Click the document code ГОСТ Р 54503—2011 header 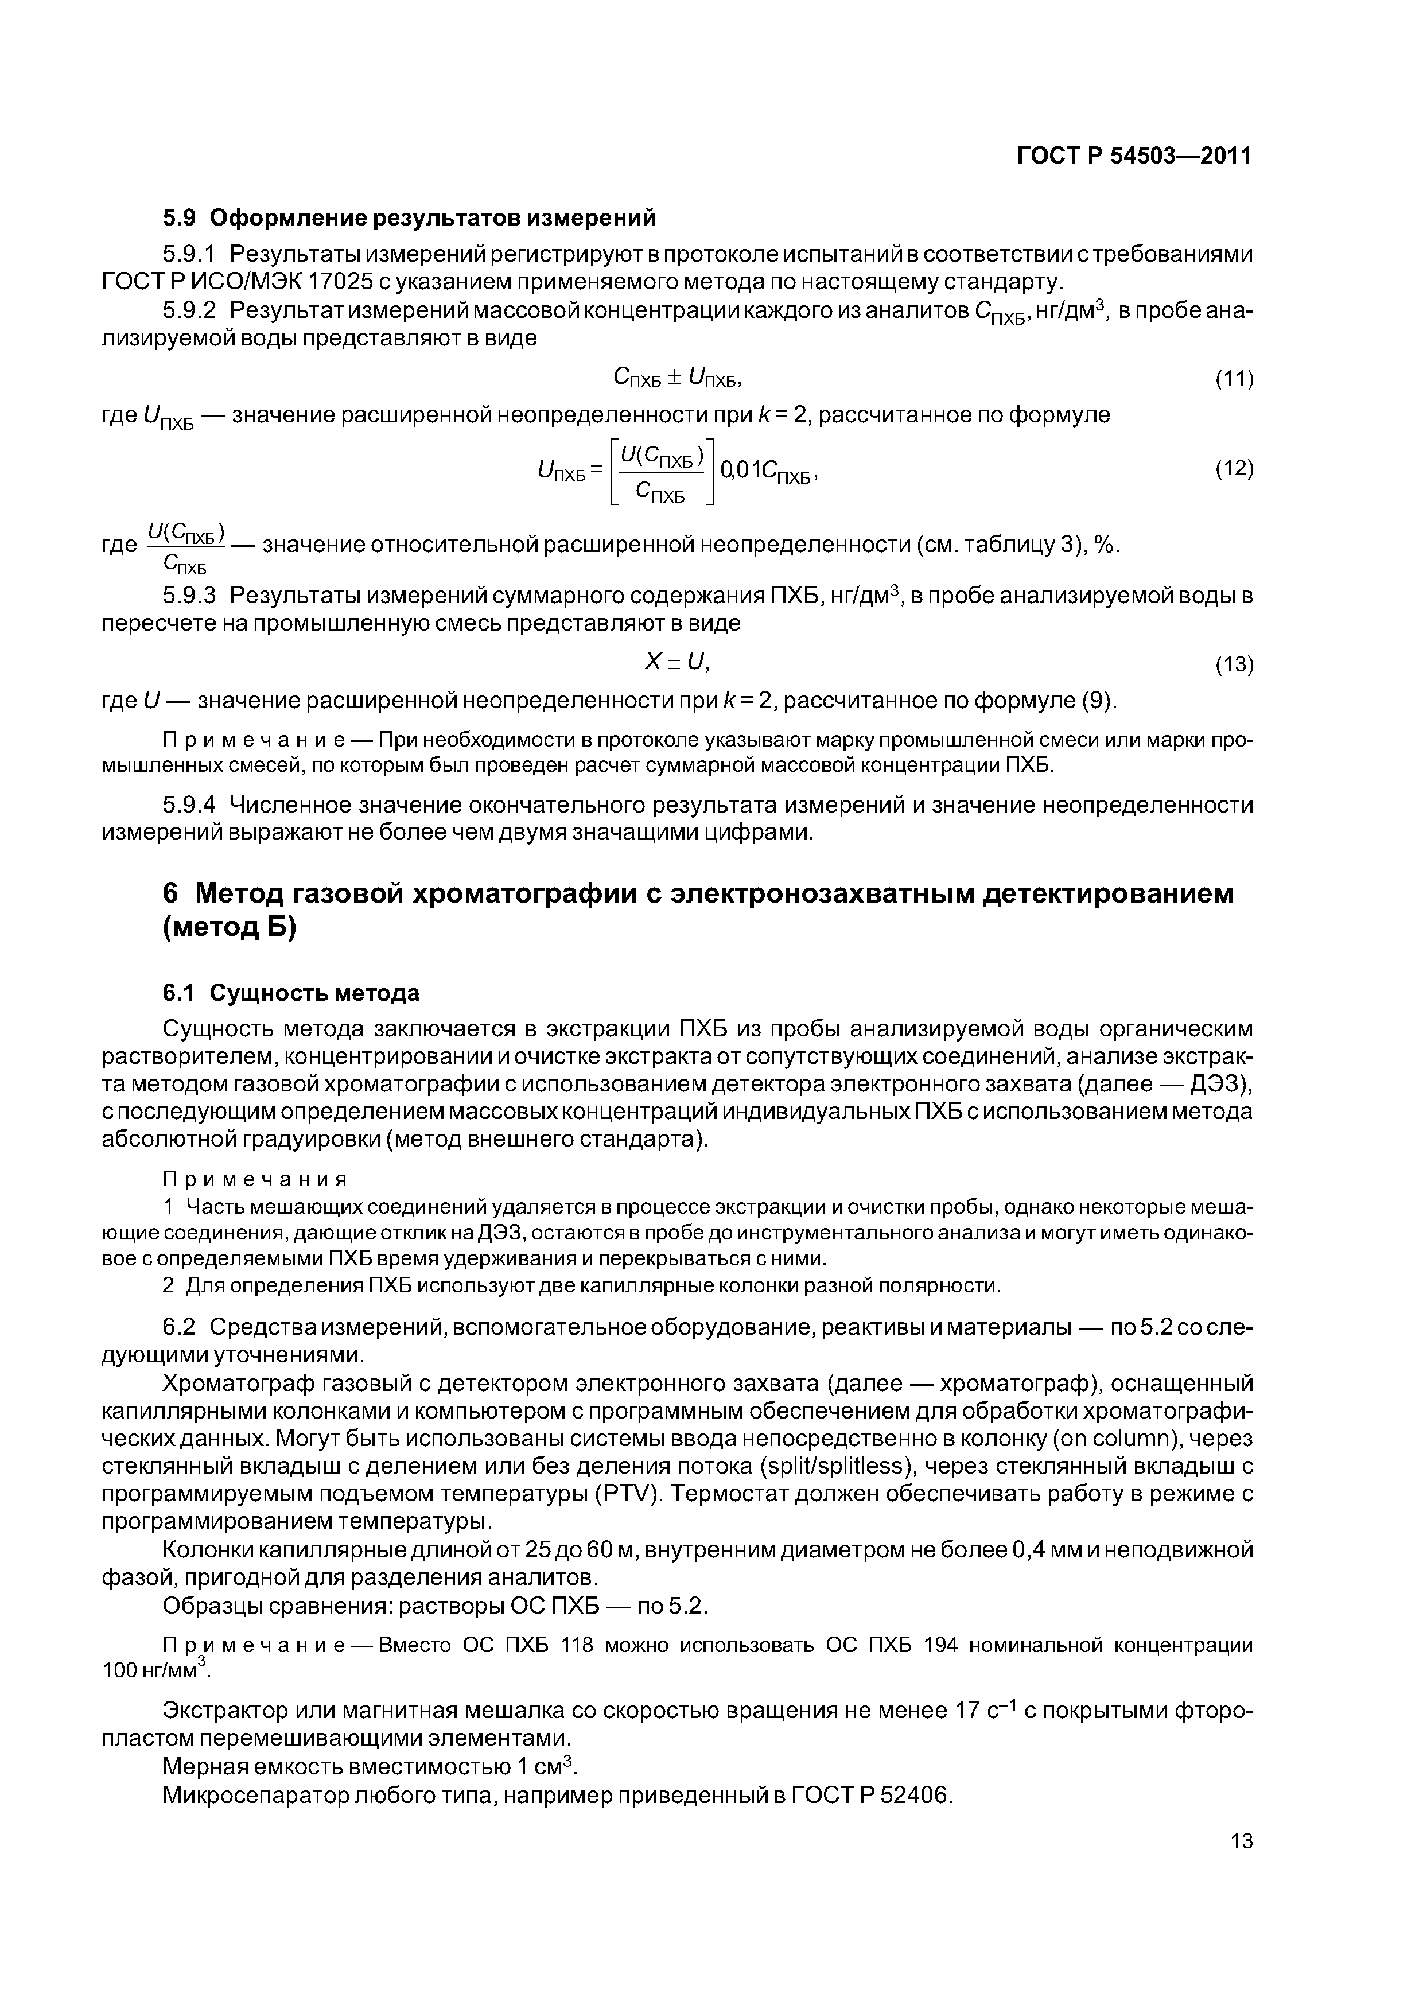tap(1134, 156)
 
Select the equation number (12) tap(1234, 469)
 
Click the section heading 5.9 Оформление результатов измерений tap(410, 216)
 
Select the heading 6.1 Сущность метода tap(291, 993)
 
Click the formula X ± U tap(676, 662)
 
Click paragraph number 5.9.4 tap(189, 805)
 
